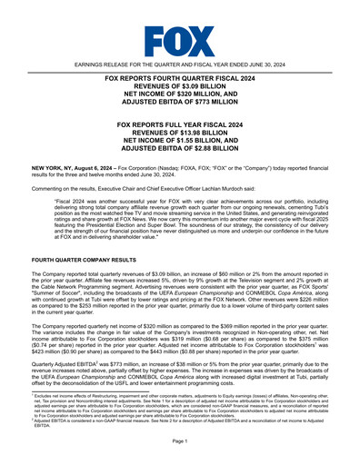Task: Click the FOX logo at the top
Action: [x=180, y=41]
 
